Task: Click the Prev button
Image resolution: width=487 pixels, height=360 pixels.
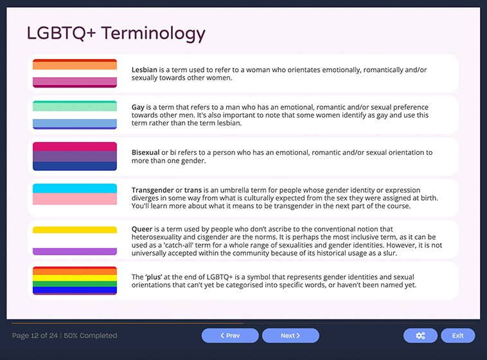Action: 230,336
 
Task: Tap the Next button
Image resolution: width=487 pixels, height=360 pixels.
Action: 290,336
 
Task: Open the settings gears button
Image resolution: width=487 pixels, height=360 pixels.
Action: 420,336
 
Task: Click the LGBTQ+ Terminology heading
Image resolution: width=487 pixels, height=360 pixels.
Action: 116,33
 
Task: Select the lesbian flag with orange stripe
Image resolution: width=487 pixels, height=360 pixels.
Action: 75,73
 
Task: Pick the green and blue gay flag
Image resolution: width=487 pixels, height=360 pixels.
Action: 75,115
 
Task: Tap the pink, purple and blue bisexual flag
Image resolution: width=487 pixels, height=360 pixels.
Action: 75,156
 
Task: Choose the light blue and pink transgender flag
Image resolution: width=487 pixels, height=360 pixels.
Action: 75,198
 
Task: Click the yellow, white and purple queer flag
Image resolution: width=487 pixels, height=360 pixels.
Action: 75,240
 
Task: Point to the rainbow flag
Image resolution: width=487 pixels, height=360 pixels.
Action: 75,281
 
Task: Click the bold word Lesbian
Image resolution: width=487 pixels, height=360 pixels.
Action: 145,69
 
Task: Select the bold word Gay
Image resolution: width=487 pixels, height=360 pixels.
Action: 138,107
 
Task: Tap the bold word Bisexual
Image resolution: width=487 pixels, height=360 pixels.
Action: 145,152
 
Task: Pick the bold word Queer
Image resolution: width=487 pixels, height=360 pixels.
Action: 143,229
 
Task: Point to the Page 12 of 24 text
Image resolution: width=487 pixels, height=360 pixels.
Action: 35,336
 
